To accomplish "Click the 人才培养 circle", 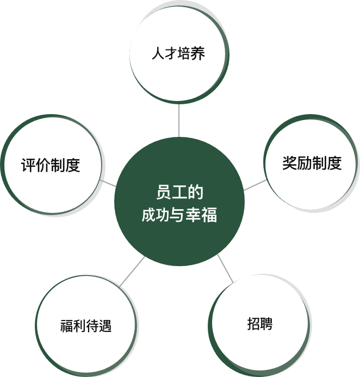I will click(178, 54).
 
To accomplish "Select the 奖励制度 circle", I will click(312, 163).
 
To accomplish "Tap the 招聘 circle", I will click(259, 324).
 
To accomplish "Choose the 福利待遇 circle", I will click(85, 326).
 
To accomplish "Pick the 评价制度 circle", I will click(51, 165).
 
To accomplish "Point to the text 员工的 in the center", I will click(179, 193).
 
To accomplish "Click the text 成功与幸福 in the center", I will click(179, 215).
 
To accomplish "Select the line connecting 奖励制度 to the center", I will click(255, 185).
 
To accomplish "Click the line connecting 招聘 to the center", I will click(225, 268).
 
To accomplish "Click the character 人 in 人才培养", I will click(157, 54).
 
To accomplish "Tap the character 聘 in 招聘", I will click(266, 324).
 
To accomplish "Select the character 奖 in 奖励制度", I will click(289, 163).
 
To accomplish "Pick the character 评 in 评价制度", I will click(28, 165).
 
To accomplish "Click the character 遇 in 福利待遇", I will click(105, 327).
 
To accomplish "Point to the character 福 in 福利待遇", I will click(66, 327).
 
